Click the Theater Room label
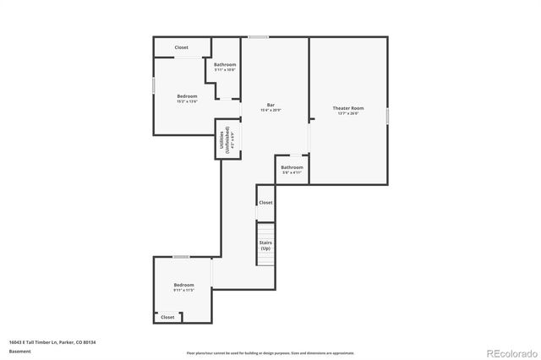[x=347, y=108]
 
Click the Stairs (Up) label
[x=265, y=247]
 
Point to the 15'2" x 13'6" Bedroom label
[x=187, y=98]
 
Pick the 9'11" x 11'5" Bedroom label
[x=184, y=287]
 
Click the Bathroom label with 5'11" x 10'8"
[x=225, y=67]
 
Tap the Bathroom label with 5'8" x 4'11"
[x=292, y=170]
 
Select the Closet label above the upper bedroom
[x=182, y=47]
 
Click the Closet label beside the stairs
[x=265, y=203]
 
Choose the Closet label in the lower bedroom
[x=167, y=317]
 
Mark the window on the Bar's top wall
[x=258, y=36]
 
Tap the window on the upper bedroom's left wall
[x=153, y=85]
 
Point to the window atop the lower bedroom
[x=181, y=256]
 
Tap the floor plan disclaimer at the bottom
[x=270, y=352]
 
